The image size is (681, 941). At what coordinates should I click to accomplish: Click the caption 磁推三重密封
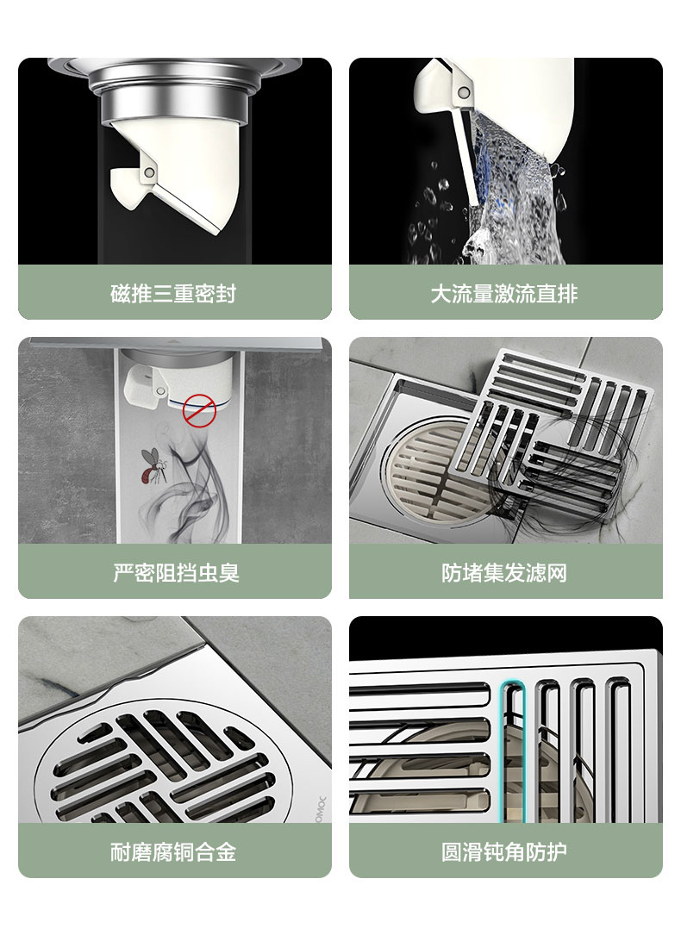tap(173, 294)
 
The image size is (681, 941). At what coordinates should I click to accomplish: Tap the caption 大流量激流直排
tap(504, 294)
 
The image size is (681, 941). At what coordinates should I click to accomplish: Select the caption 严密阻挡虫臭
tap(176, 572)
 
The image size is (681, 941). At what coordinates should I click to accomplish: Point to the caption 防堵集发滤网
tap(504, 572)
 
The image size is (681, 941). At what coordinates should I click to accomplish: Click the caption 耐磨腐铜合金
tap(173, 851)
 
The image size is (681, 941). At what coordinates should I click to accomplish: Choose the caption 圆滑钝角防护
tap(504, 851)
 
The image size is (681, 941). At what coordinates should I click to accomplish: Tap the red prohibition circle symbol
tap(199, 410)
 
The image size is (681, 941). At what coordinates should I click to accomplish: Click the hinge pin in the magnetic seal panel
tap(149, 173)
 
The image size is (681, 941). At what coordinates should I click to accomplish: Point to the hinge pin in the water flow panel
tap(463, 93)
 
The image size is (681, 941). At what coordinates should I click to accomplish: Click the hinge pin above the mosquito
tap(160, 391)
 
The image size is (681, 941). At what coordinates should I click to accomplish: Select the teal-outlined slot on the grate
tap(513, 751)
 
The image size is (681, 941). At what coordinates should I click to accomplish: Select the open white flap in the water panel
tap(466, 155)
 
